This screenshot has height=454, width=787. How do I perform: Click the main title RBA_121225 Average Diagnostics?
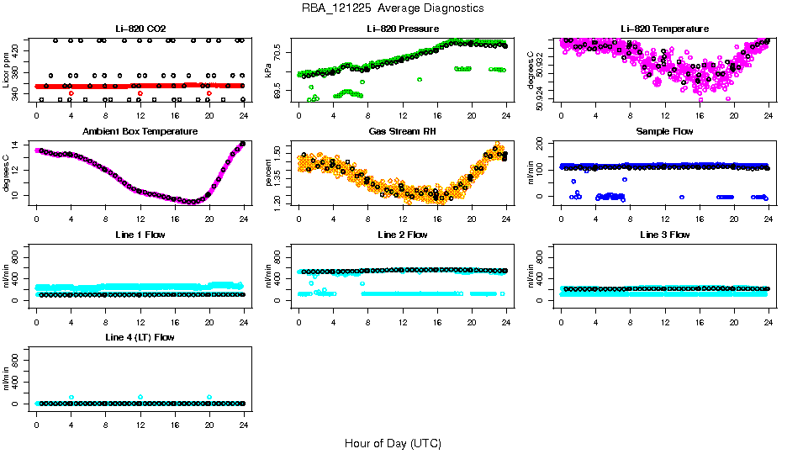393,8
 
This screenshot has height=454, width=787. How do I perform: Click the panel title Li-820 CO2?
140,29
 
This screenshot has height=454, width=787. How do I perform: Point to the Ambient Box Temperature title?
140,132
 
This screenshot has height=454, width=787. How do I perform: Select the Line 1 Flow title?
140,235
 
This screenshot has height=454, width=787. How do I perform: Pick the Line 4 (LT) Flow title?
140,337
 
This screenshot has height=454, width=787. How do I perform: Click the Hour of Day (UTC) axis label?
393,443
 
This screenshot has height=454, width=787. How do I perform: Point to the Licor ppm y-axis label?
7,71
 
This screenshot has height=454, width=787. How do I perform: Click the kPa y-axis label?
269,71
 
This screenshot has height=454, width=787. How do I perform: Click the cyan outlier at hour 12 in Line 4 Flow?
140,397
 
